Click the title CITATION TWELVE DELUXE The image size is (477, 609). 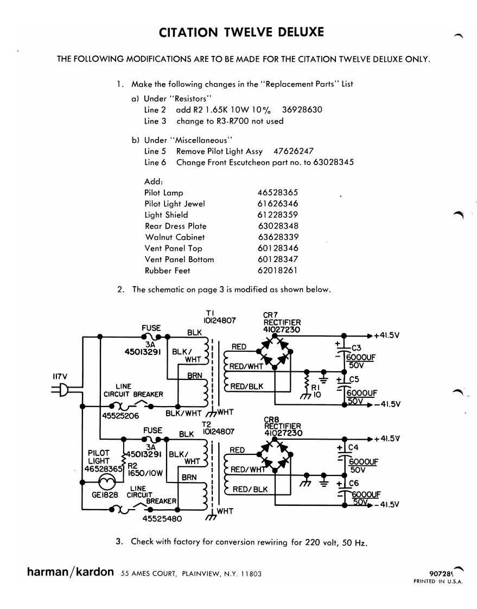pos(241,32)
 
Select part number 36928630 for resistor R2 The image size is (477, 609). pos(302,110)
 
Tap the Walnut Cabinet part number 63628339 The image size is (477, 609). pos(278,237)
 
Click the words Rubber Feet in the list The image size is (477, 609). pos(168,271)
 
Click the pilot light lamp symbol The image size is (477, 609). pos(107,483)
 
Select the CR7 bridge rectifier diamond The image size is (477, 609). pos(276,352)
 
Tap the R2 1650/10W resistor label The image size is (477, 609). pos(145,470)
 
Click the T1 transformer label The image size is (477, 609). pos(219,317)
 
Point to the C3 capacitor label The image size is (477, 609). pos(356,348)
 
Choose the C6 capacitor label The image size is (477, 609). pos(353,483)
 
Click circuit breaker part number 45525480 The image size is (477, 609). pos(162,519)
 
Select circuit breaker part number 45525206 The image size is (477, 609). pos(120,416)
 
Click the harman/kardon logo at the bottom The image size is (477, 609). pos(71,572)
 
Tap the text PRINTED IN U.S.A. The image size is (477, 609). pos(438,581)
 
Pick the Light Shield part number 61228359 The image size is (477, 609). pos(278,215)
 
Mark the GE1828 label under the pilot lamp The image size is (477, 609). pos(105,495)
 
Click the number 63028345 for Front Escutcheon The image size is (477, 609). pos(334,162)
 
